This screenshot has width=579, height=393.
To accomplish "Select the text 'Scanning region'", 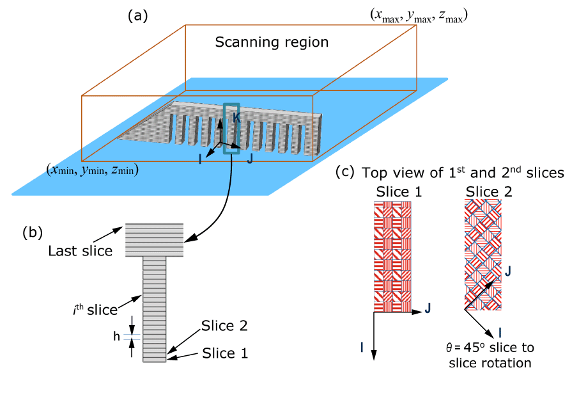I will pos(272,43).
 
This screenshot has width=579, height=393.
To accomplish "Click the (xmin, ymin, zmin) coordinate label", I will pos(93,170).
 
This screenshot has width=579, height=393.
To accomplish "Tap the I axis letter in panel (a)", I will pos(200,158).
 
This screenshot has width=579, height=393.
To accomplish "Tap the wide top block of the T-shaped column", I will pos(154,240).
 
